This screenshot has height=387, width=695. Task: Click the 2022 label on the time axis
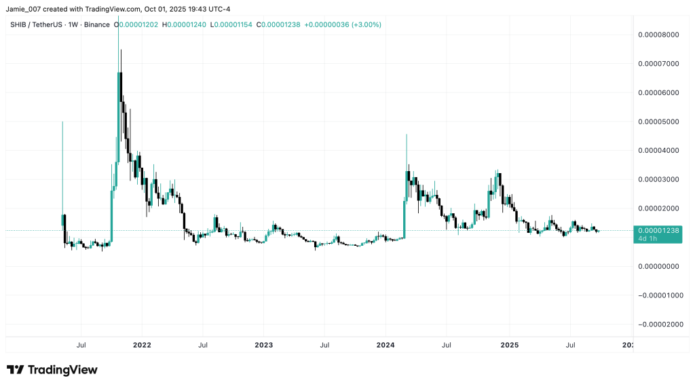142,345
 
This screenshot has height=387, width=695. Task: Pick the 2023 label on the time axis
263,345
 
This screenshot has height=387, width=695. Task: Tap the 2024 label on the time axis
386,345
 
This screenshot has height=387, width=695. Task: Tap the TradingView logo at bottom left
52,370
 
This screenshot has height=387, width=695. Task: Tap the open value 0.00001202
139,24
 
